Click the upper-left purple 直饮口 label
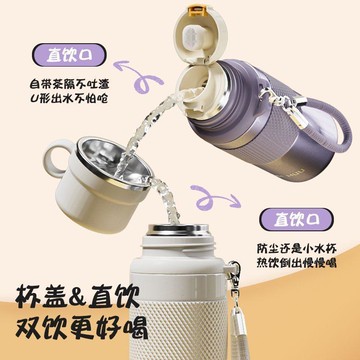tap(69, 55)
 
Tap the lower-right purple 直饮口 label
tap(296, 219)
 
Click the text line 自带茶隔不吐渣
tap(69, 83)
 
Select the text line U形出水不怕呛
tap(69, 99)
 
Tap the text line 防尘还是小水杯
tap(297, 248)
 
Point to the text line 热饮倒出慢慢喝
tap(297, 263)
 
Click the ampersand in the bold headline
tap(75, 297)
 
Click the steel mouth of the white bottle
tap(178, 229)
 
